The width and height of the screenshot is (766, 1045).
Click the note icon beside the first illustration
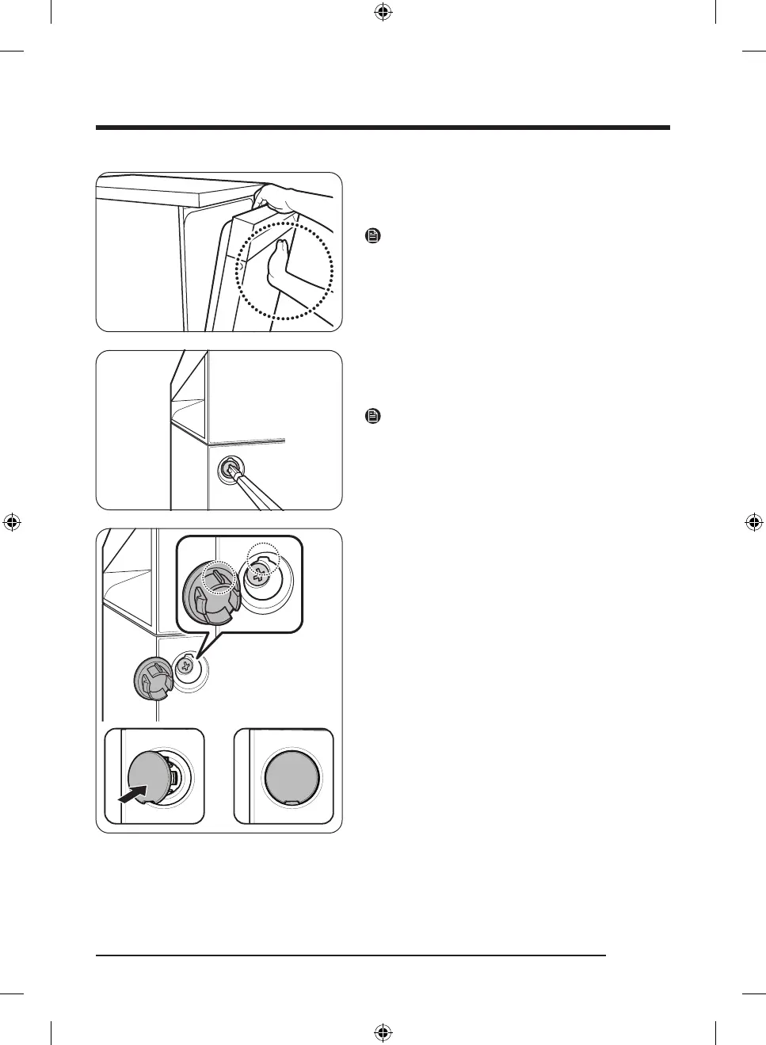[374, 236]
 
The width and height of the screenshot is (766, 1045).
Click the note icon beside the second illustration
[374, 416]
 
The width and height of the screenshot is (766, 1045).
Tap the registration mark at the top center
[383, 12]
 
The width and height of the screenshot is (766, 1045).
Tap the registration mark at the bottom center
[383, 1032]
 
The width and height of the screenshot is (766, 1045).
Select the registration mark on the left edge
[11, 522]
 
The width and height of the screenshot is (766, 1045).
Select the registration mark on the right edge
[754, 522]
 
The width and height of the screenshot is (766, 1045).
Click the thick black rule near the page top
[383, 128]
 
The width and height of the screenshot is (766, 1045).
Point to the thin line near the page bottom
[350, 956]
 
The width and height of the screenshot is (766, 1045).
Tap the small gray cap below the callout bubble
[152, 679]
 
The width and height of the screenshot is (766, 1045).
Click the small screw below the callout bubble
[187, 666]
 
